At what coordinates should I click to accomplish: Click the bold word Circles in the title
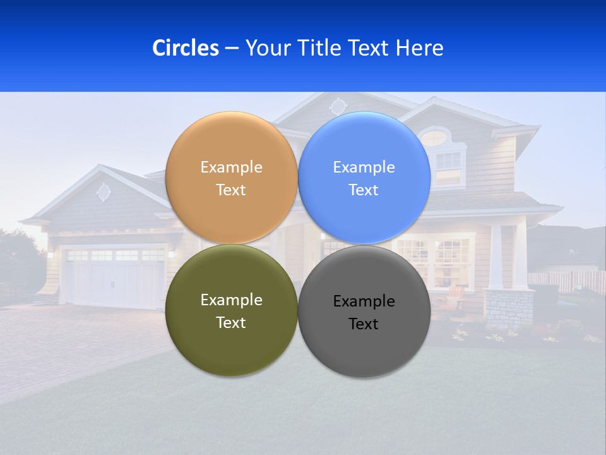185,48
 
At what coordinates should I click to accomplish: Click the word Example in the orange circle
231,167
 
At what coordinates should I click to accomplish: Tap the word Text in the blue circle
364,190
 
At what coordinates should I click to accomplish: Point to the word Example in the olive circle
231,300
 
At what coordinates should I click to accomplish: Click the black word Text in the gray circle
364,324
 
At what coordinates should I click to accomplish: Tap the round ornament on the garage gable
104,192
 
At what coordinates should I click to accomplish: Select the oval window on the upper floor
433,136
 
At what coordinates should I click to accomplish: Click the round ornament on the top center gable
338,105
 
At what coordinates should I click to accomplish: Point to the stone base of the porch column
508,310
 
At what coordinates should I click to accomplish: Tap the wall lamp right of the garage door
170,254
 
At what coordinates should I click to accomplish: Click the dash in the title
232,48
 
